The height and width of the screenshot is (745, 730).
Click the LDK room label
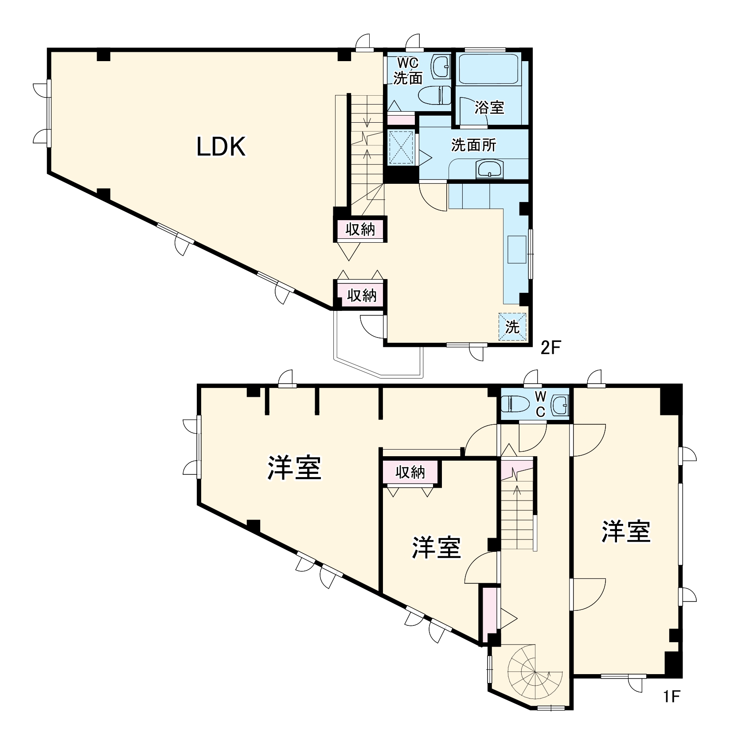(x=221, y=147)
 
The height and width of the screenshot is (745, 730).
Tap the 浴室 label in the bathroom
(x=489, y=107)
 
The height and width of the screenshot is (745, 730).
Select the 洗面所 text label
(x=474, y=145)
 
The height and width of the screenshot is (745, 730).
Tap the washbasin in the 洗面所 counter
(x=489, y=169)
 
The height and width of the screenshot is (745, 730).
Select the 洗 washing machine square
(x=513, y=327)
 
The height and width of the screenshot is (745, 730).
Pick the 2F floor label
(x=550, y=348)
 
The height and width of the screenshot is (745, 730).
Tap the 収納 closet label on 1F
(x=410, y=472)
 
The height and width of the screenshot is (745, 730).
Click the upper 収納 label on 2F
(x=360, y=229)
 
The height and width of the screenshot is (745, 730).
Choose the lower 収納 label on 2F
(x=361, y=295)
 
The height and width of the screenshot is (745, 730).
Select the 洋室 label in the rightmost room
(x=625, y=531)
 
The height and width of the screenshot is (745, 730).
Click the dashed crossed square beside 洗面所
(x=401, y=147)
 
